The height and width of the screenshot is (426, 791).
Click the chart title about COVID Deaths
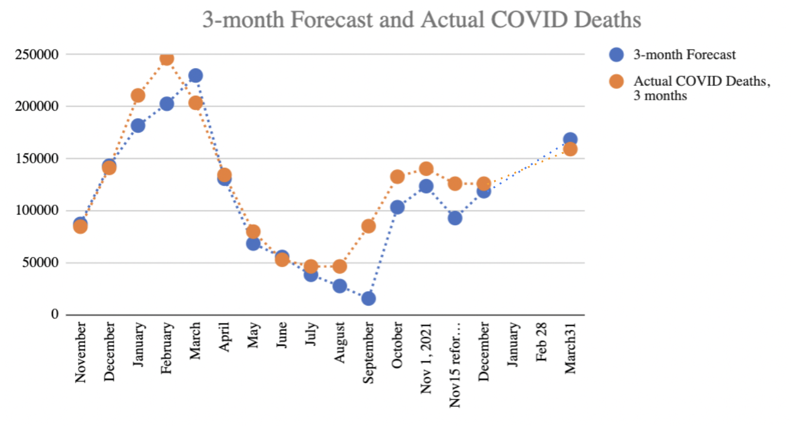[421, 20]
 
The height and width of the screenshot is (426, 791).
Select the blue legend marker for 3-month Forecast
[616, 55]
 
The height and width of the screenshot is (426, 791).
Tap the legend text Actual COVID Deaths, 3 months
[702, 88]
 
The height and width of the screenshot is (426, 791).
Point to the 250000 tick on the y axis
[37, 54]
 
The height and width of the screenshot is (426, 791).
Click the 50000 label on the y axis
[40, 262]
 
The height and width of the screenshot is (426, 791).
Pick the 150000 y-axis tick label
[37, 158]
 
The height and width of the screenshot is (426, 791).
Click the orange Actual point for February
[167, 59]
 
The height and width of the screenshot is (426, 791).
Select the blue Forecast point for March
[195, 76]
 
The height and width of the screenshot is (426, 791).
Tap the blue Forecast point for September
[368, 298]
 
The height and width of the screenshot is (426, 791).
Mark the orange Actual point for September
[368, 226]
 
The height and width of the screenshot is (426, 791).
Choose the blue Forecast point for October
[397, 207]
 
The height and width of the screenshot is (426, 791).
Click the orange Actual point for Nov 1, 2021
[426, 168]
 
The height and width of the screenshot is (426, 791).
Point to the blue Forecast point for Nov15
[455, 218]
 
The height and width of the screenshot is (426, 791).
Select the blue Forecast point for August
[339, 286]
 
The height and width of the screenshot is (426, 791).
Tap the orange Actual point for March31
[570, 149]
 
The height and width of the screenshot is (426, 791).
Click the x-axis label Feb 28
[541, 342]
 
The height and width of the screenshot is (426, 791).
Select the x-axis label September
[368, 353]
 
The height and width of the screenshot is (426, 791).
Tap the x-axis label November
[80, 352]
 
